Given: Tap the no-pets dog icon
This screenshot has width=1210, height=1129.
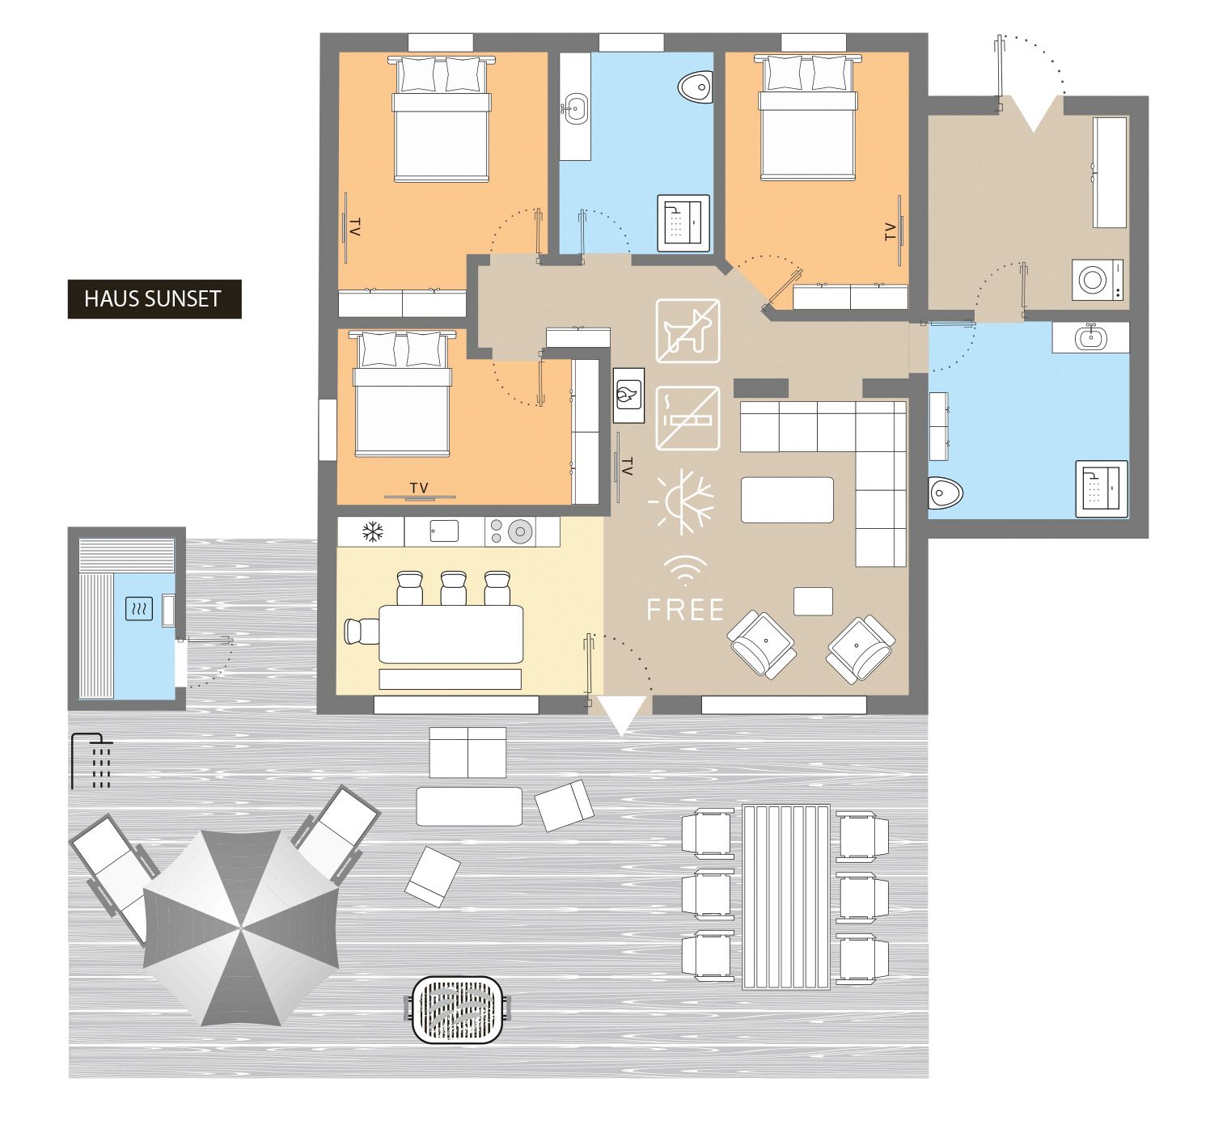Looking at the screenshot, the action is click(x=687, y=332).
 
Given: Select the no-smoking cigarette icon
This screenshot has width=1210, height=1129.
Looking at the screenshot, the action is click(x=687, y=419).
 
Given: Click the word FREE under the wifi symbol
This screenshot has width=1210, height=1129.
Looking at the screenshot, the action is click(x=685, y=609).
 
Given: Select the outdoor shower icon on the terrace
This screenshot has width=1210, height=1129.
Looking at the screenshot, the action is click(x=92, y=761).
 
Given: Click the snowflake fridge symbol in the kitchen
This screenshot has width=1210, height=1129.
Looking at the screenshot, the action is click(x=371, y=532).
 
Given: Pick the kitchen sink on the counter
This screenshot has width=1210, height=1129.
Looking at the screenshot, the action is click(x=443, y=531).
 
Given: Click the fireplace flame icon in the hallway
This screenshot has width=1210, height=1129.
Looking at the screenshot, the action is click(x=628, y=395).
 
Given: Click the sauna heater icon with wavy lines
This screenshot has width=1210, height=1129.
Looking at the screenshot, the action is click(x=139, y=609).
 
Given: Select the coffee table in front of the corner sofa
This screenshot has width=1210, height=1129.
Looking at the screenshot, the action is click(x=787, y=500).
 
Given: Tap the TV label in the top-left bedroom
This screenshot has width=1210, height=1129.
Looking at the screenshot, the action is click(x=354, y=227).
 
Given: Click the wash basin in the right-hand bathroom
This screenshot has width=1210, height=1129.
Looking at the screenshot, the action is click(x=1090, y=337).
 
